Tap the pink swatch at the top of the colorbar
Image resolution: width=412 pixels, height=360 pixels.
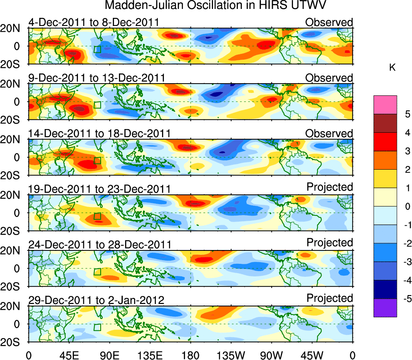[385, 104]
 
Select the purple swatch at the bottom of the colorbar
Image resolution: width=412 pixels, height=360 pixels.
[385, 308]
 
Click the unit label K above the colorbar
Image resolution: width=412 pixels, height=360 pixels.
[392, 68]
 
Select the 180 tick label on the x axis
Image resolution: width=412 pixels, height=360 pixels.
[190, 355]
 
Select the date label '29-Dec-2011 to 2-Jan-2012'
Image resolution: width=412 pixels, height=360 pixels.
[96, 300]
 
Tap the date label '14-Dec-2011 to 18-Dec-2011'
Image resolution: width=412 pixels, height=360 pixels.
[99, 134]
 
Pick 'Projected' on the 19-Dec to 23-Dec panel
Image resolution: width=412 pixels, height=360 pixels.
[330, 187]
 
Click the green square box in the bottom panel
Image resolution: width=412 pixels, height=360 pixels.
[97, 327]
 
